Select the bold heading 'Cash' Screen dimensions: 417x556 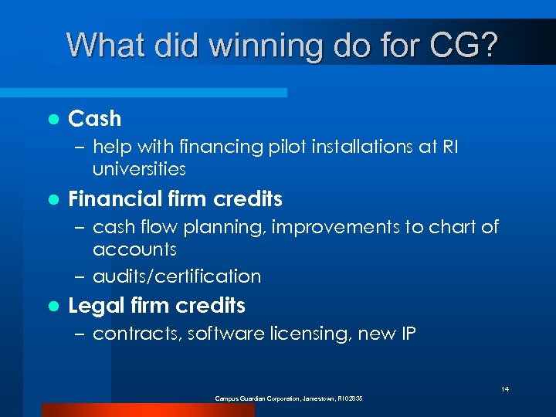(x=95, y=119)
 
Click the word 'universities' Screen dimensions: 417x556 (x=139, y=168)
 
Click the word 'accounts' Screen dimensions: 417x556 (x=134, y=249)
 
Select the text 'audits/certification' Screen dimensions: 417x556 (x=177, y=276)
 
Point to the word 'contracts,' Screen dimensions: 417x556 (x=134, y=334)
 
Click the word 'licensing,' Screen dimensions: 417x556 (x=310, y=334)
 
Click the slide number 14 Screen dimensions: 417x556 (x=505, y=389)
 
